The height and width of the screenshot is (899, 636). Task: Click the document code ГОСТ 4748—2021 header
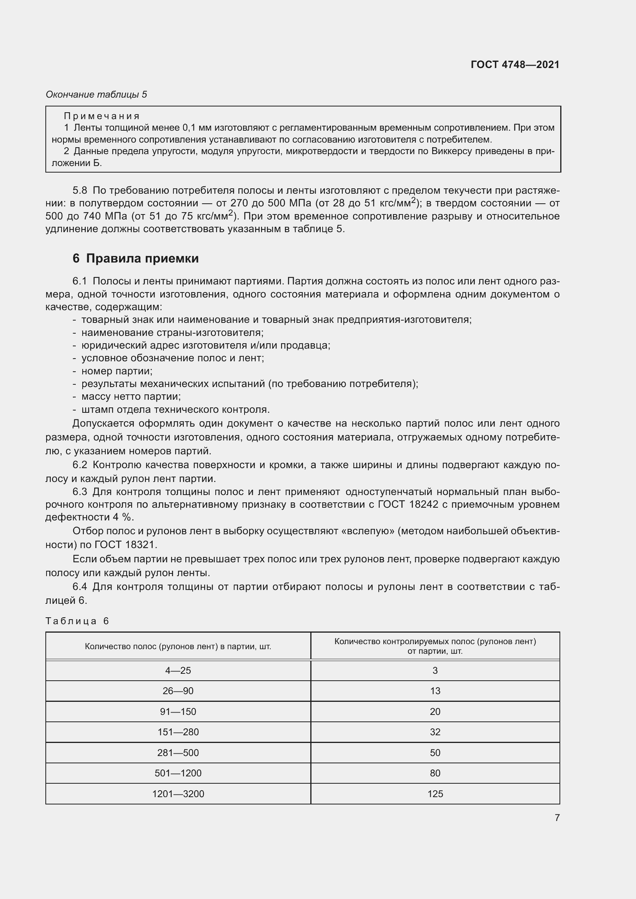coord(514,65)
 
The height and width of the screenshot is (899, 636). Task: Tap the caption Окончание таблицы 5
coord(97,95)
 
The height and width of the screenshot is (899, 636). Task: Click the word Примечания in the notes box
coord(102,116)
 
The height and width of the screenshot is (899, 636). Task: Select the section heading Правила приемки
coord(142,258)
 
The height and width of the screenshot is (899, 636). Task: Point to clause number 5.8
coord(80,191)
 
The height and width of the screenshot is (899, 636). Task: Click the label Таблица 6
coord(77,621)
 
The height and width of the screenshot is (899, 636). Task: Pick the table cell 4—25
coord(178,671)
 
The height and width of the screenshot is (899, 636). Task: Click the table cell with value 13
coord(435,691)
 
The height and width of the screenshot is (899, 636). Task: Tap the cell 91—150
coord(178,712)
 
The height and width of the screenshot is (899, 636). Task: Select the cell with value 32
coord(435,732)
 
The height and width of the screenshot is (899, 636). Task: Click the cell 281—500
coord(178,753)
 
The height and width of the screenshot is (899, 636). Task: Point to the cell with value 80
coord(435,773)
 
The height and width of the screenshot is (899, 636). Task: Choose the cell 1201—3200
coord(178,794)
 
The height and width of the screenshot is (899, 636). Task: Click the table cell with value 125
coord(435,794)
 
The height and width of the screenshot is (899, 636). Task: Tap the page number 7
coord(557,818)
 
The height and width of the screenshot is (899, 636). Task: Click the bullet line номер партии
coord(117,371)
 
